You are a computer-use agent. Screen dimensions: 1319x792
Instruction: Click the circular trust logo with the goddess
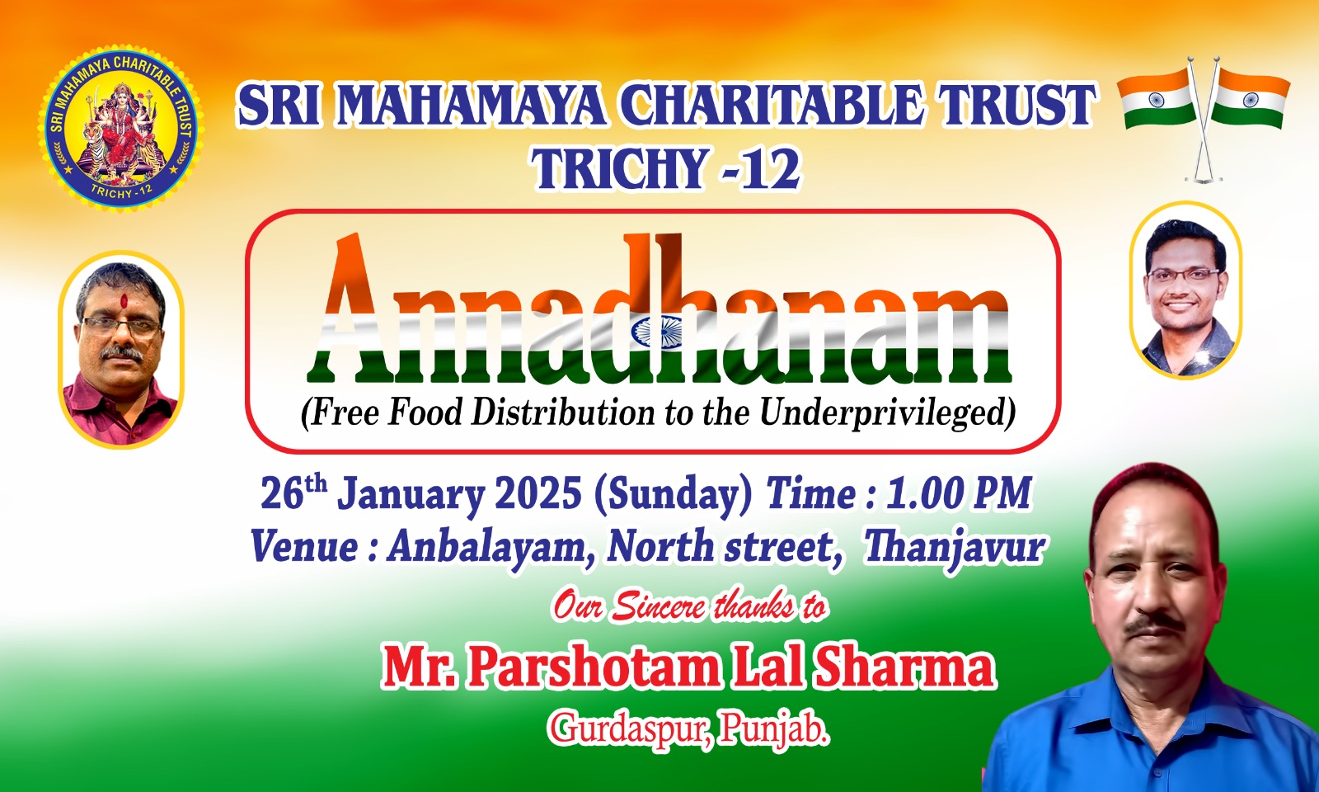[121, 129]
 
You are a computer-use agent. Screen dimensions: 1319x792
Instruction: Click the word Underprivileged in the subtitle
[887, 412]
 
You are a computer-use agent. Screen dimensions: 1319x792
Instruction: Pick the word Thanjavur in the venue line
[953, 548]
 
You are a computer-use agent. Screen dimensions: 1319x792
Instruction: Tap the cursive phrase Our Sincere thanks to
[688, 607]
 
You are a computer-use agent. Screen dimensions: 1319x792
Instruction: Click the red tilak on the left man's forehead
[124, 301]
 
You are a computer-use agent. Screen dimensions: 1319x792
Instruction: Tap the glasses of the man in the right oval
[1184, 275]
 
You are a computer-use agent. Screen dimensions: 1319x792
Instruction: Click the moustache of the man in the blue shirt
[1157, 625]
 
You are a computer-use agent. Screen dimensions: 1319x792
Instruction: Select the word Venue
[304, 548]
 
